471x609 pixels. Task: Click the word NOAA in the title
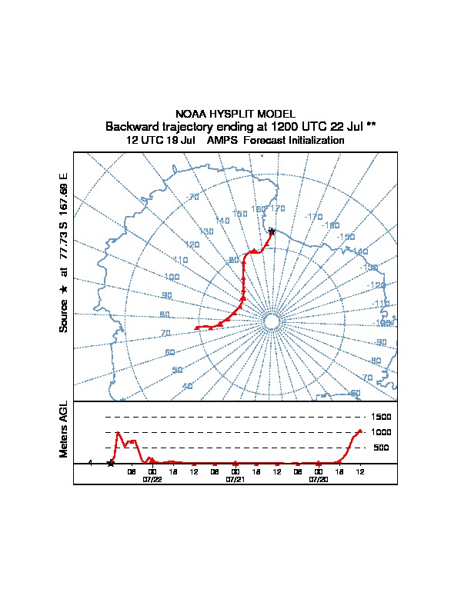(190, 113)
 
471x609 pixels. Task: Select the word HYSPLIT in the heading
(233, 113)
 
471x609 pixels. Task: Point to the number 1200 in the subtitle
(287, 126)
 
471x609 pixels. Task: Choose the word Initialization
(316, 141)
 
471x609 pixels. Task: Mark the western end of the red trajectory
(196, 328)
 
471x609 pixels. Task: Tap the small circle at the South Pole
(271, 321)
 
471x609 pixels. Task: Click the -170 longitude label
(314, 218)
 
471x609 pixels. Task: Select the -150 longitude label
(347, 237)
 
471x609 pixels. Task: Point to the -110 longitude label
(381, 304)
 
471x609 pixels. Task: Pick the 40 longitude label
(187, 386)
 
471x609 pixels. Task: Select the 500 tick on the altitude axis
(381, 448)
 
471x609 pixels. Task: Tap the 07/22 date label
(152, 479)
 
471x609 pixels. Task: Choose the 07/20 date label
(319, 479)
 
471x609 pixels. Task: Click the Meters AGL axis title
(64, 430)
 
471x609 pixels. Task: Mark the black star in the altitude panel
(111, 463)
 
